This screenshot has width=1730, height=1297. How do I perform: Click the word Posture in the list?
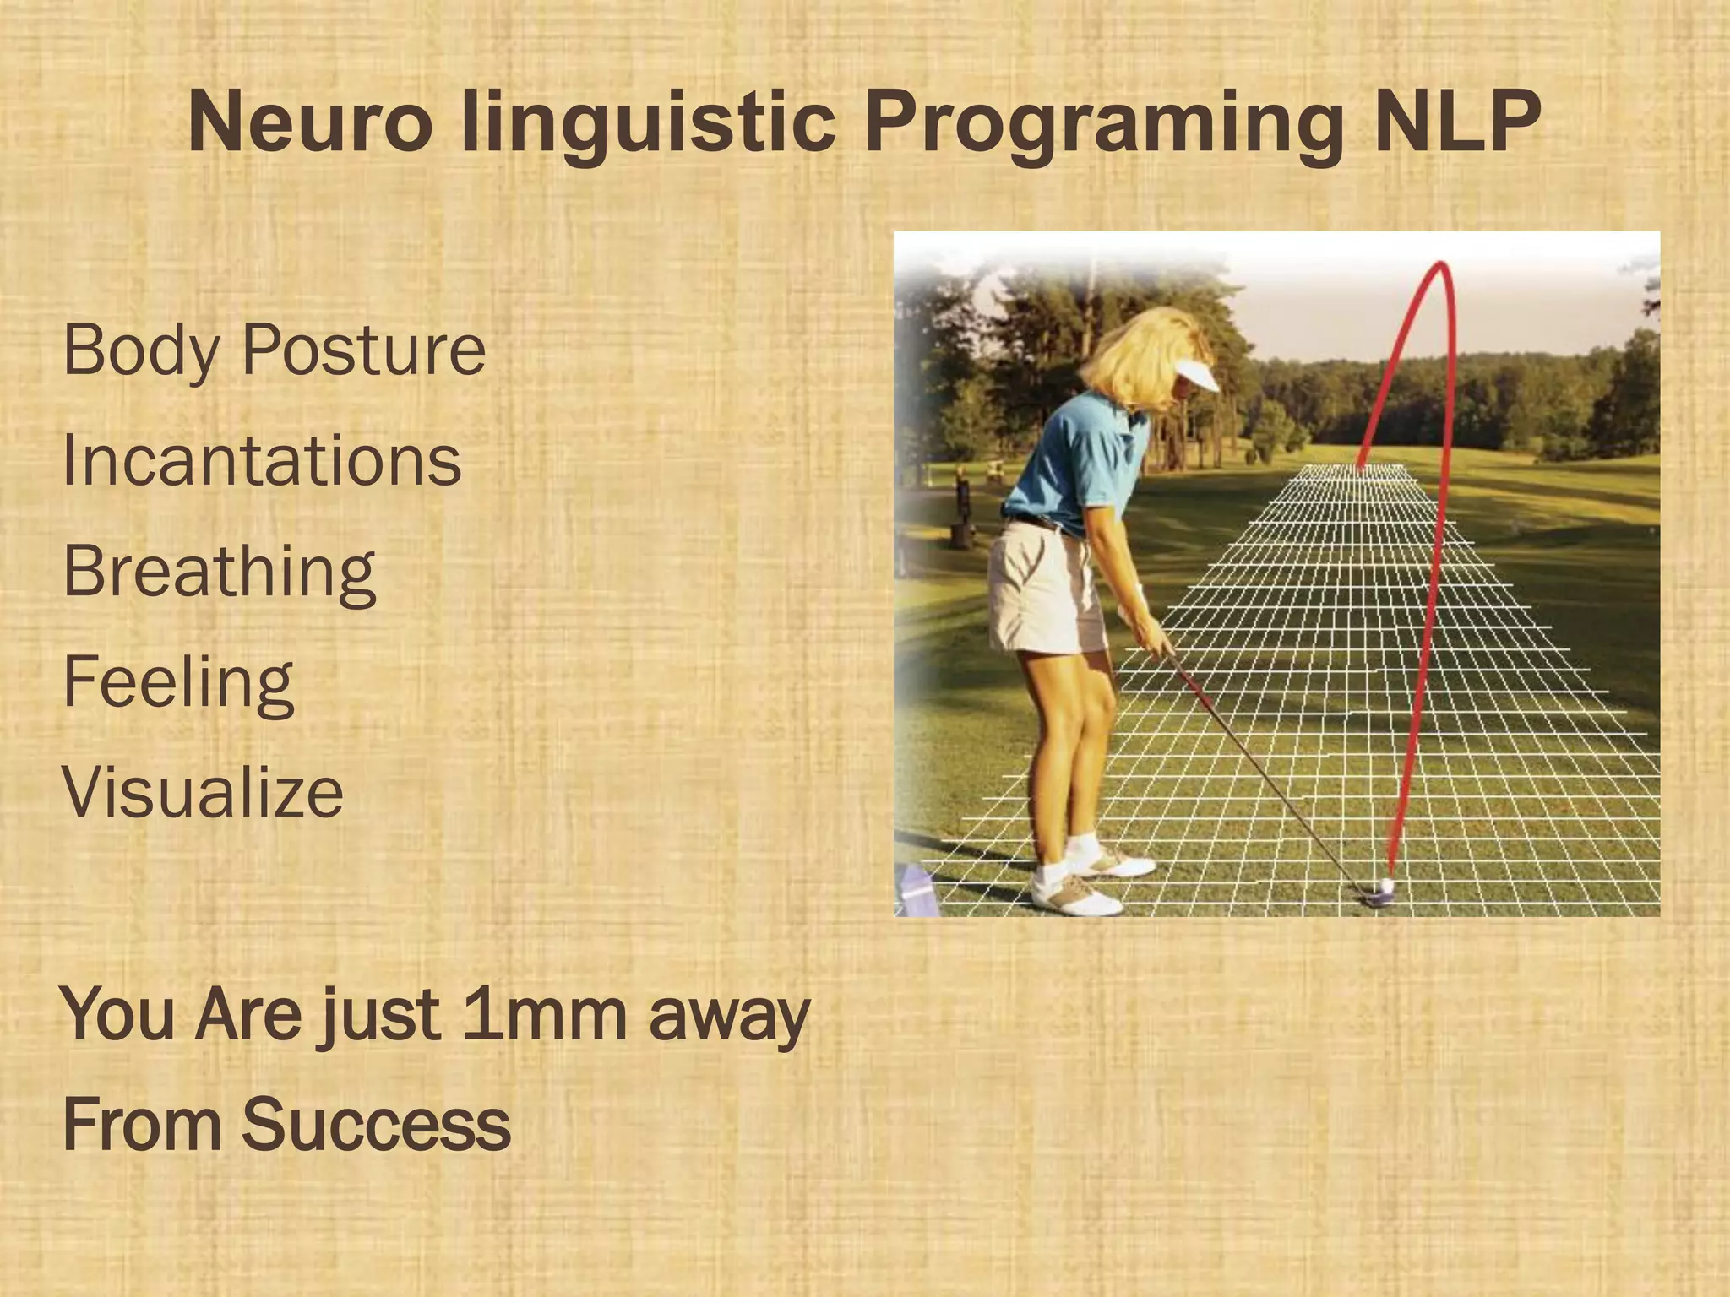click(x=364, y=350)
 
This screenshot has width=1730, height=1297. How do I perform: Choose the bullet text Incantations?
click(x=263, y=461)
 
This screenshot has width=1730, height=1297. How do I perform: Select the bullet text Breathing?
click(x=220, y=572)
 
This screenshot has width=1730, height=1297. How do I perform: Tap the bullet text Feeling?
click(x=178, y=682)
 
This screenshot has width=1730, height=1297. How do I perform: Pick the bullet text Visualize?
click(x=204, y=793)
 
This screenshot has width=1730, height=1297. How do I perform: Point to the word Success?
click(x=377, y=1125)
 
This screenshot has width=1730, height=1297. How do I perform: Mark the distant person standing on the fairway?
click(x=962, y=498)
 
